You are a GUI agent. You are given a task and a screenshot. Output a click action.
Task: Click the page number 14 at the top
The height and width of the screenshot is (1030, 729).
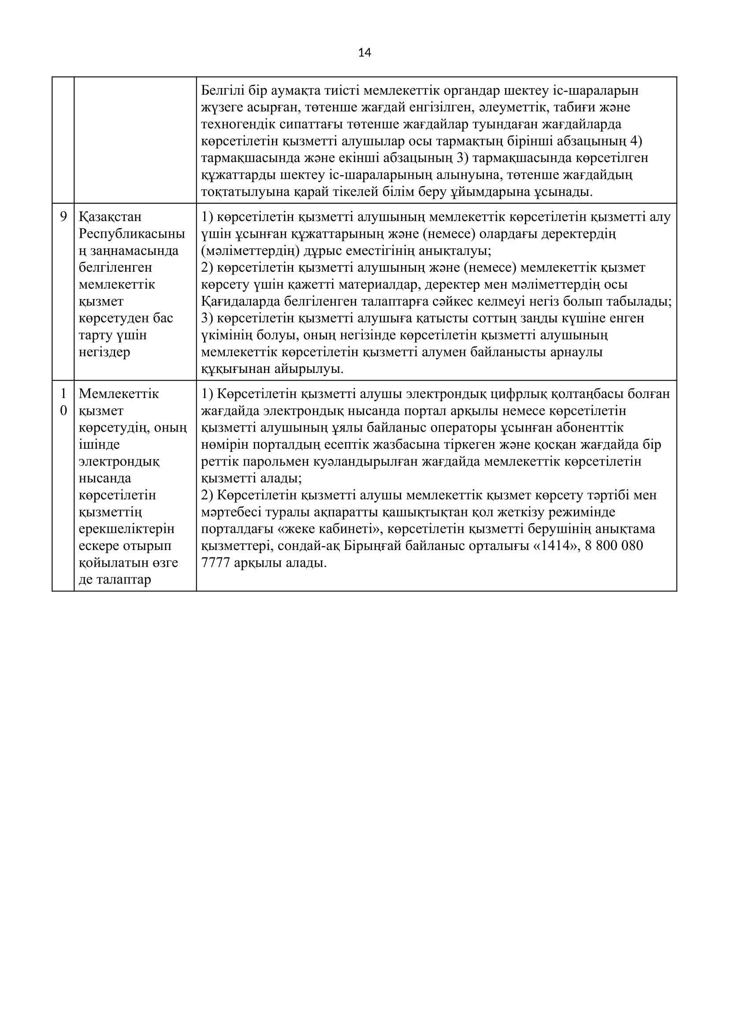(x=364, y=53)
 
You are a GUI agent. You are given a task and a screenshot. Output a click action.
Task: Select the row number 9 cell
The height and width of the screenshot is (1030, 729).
(x=63, y=217)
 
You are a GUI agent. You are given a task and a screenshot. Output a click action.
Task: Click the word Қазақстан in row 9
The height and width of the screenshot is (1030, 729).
(x=110, y=217)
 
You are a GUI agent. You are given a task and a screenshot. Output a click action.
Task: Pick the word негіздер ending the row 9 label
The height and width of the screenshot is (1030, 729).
(x=104, y=352)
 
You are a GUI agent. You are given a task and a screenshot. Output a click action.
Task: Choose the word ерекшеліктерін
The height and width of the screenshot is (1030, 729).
(x=126, y=529)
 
